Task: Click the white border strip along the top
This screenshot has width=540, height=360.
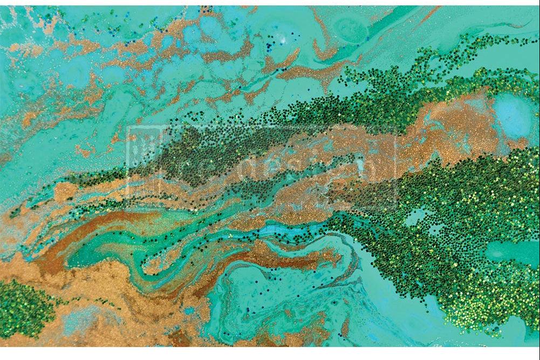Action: [270, 3]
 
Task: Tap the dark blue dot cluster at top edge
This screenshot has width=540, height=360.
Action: [205, 9]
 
